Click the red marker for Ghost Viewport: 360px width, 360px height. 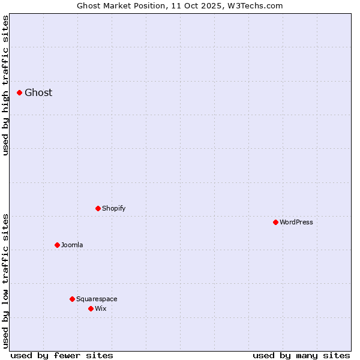pyautogui.click(x=19, y=92)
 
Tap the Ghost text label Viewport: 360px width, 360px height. pyautogui.click(x=38, y=92)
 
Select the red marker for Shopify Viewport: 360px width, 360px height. pyautogui.click(x=98, y=208)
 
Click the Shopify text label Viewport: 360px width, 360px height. pyautogui.click(x=114, y=208)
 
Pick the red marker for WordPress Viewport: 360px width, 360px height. pyautogui.click(x=275, y=222)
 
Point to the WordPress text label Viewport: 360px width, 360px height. pyautogui.click(x=296, y=222)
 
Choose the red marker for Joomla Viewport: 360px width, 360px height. pyautogui.click(x=57, y=245)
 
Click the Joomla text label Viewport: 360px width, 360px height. pyautogui.click(x=72, y=245)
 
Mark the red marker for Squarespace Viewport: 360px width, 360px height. pyautogui.click(x=72, y=299)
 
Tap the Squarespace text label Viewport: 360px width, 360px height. pyautogui.click(x=97, y=299)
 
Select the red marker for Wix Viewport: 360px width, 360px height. pyautogui.click(x=91, y=308)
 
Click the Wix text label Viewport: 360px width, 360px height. pyautogui.click(x=101, y=308)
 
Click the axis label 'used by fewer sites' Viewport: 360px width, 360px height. pyautogui.click(x=62, y=355)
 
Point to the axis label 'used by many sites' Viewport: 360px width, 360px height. pyautogui.click(x=301, y=355)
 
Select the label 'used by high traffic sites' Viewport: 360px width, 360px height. pyautogui.click(x=6, y=85)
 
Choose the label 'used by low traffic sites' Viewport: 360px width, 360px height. pyautogui.click(x=6, y=281)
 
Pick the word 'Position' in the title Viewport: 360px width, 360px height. pyautogui.click(x=150, y=6)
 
